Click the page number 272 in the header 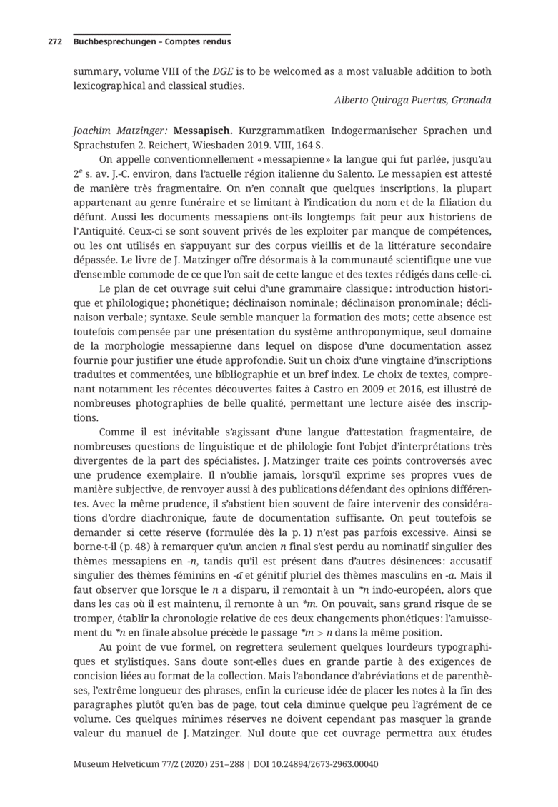point(54,42)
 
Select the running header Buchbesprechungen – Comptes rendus point(151,42)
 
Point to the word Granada point(472,100)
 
